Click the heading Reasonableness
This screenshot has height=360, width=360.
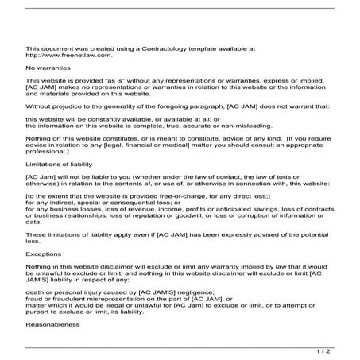coord(54,325)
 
